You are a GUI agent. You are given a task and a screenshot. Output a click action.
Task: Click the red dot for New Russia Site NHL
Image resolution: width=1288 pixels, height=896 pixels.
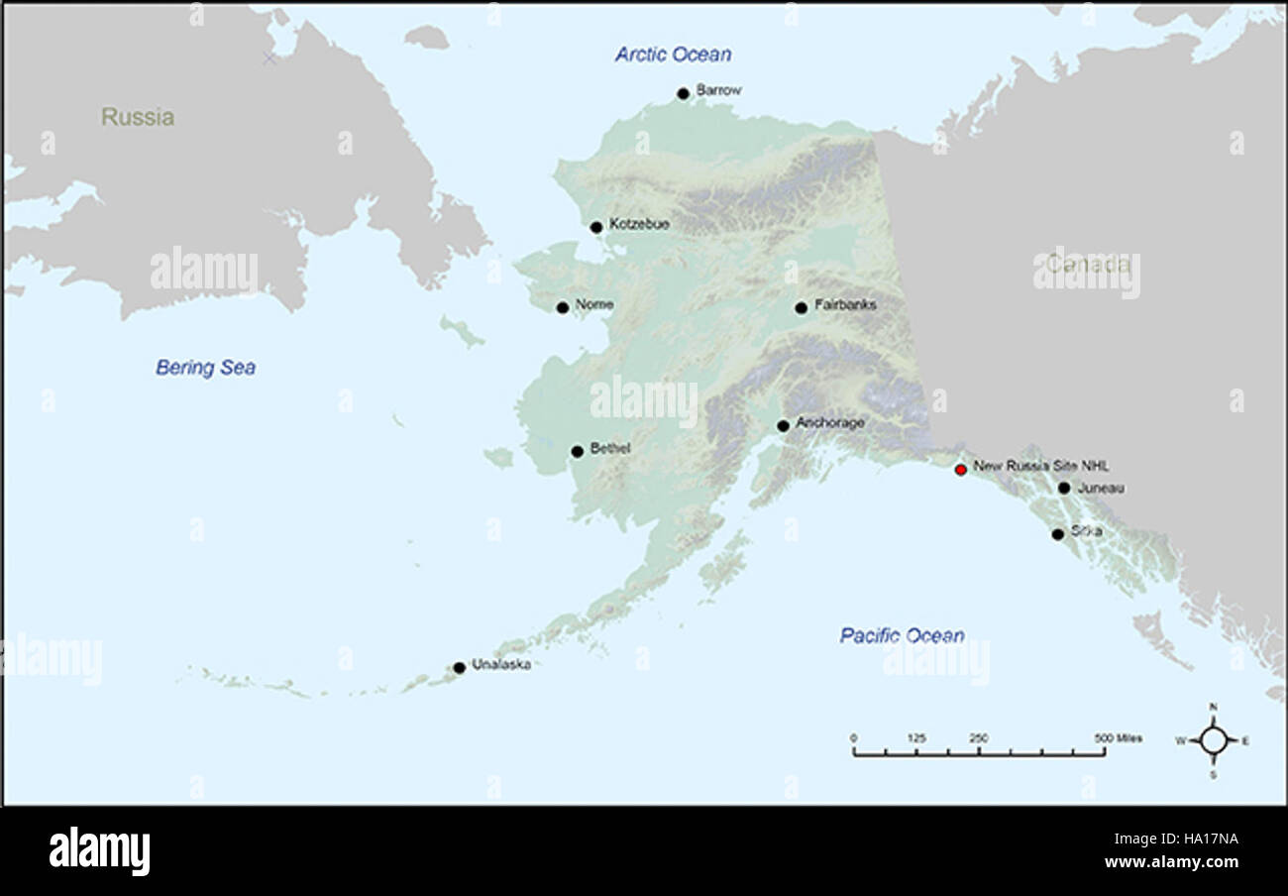point(960,470)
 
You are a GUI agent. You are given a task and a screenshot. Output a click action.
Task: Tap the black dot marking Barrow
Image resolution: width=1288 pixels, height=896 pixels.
point(683,94)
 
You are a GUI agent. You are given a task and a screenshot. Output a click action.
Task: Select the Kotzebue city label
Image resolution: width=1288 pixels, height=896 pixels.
point(639,224)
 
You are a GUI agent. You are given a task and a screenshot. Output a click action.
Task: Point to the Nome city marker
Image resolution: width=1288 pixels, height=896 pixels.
point(563,308)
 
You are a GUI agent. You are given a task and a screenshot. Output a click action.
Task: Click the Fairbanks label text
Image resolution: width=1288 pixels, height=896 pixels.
point(845,305)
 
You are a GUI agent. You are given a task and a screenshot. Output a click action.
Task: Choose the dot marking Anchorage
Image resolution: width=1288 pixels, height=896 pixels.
point(783,426)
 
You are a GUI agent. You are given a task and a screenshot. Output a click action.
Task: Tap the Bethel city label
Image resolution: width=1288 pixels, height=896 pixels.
point(610,448)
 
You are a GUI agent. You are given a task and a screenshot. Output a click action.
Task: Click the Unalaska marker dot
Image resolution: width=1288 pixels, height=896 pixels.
point(460,668)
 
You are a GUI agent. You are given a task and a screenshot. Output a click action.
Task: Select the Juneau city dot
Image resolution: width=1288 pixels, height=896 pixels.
point(1063,488)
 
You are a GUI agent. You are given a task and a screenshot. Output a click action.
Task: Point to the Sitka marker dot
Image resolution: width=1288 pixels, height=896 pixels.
point(1057,534)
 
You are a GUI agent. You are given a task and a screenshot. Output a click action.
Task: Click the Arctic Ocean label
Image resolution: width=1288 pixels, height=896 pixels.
point(673,55)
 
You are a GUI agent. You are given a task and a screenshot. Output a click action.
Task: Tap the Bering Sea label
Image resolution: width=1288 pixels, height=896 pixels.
point(205,368)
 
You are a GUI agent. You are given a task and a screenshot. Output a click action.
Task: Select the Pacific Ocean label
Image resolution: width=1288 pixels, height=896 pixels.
point(902,635)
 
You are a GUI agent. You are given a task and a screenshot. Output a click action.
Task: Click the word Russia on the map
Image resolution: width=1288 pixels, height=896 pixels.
point(138,117)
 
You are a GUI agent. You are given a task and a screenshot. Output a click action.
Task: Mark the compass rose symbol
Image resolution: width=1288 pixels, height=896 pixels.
point(1213,740)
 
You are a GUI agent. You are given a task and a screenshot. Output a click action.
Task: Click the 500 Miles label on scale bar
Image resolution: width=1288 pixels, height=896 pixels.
point(1118,738)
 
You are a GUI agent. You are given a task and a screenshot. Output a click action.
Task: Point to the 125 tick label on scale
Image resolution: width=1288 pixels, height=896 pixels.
point(916,738)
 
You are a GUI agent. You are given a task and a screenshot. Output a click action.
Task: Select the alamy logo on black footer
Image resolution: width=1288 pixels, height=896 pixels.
point(99,851)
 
